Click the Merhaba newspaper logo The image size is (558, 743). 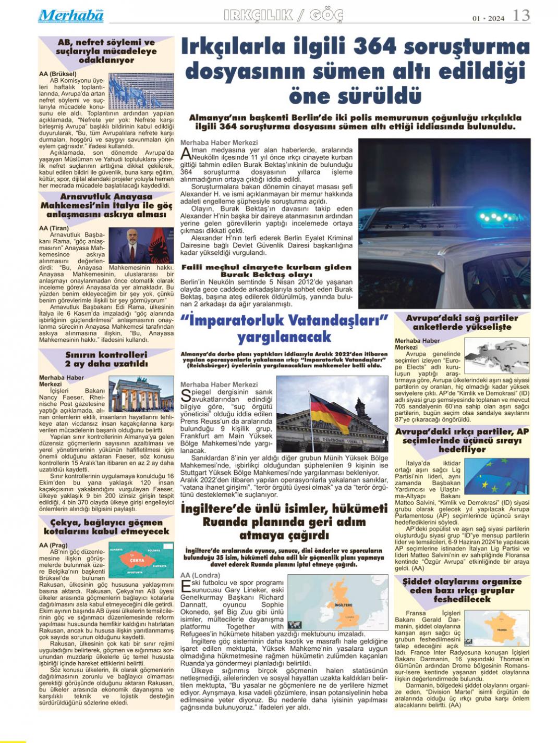tap(71, 16)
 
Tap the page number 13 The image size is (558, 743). tap(521, 15)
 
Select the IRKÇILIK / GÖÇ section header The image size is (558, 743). tap(283, 16)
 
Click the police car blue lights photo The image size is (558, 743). tap(444, 223)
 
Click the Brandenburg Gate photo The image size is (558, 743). tap(141, 394)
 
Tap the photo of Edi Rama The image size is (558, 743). tap(141, 245)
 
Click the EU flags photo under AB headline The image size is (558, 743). tap(141, 91)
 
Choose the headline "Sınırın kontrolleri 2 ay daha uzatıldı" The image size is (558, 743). tap(106, 359)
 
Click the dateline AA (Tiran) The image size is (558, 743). tap(54, 228)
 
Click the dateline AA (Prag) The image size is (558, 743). tap(53, 545)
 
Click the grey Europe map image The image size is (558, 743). tap(496, 355)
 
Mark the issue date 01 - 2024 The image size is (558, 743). tap(488, 18)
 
